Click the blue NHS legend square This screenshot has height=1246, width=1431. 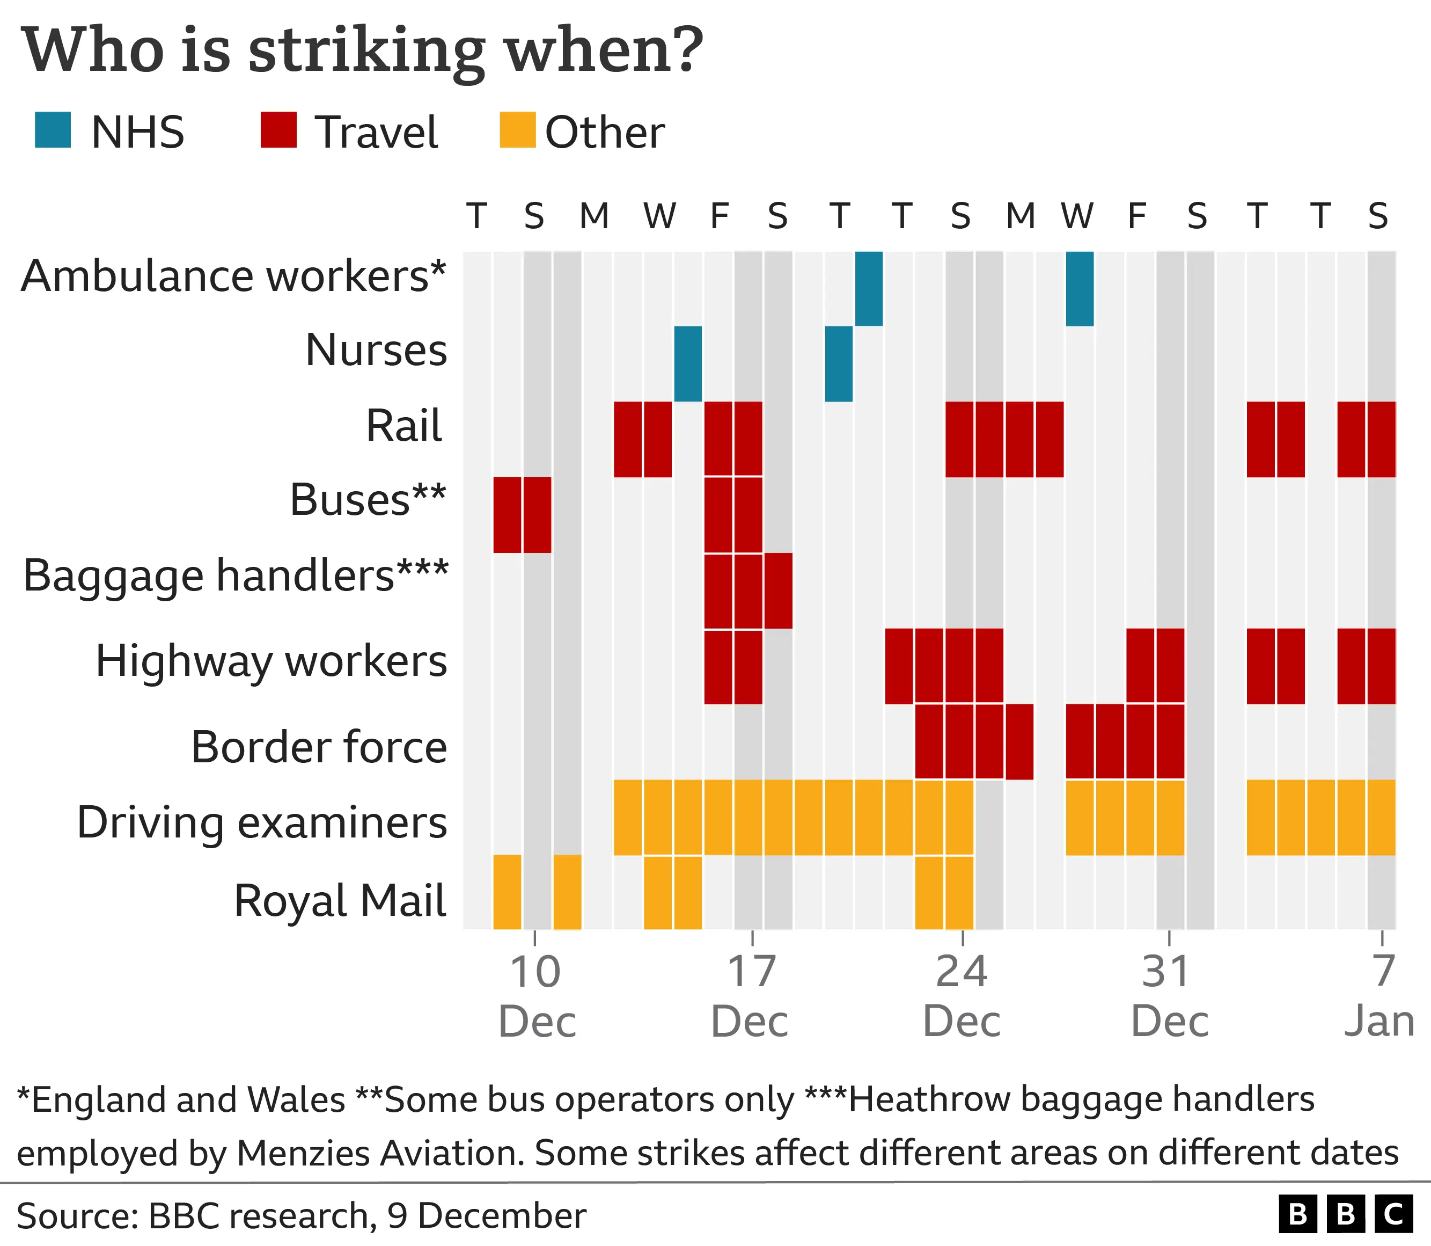(53, 130)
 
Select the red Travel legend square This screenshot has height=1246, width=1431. (278, 130)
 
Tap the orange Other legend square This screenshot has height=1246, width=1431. (518, 130)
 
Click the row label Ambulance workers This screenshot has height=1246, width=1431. (233, 276)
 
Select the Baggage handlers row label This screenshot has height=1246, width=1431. (236, 575)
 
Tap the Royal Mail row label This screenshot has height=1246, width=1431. (340, 900)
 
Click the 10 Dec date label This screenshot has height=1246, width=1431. (537, 996)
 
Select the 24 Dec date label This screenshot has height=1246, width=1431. (962, 996)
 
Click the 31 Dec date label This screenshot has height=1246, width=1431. (1170, 996)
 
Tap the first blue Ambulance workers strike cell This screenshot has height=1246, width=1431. (869, 289)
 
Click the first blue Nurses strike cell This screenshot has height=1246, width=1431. (688, 363)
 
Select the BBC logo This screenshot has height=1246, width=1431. (1346, 1214)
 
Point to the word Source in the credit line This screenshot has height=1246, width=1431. (76, 1215)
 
